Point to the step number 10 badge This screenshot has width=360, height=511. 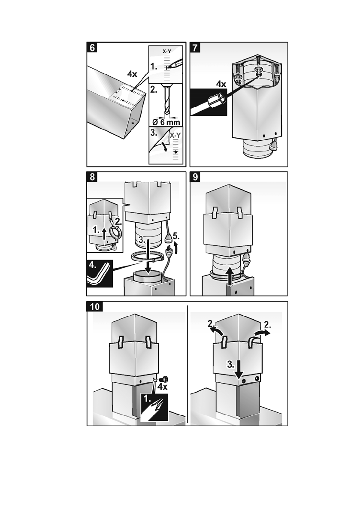coord(95,306)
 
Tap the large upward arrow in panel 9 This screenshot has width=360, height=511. coord(231,274)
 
